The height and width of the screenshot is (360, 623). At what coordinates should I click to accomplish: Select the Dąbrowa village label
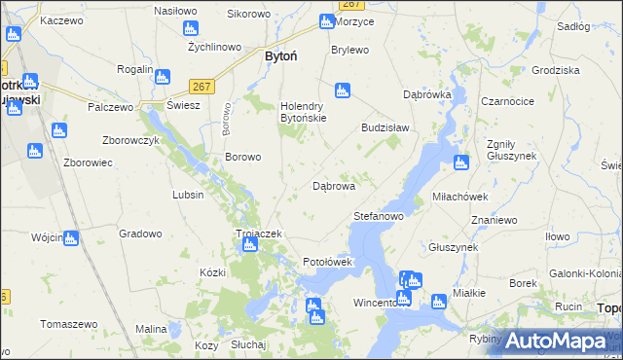333,185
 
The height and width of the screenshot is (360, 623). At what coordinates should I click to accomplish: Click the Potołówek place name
334,262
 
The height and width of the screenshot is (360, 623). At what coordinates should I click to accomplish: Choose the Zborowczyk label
130,139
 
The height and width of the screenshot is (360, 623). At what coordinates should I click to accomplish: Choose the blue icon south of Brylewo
342,91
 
